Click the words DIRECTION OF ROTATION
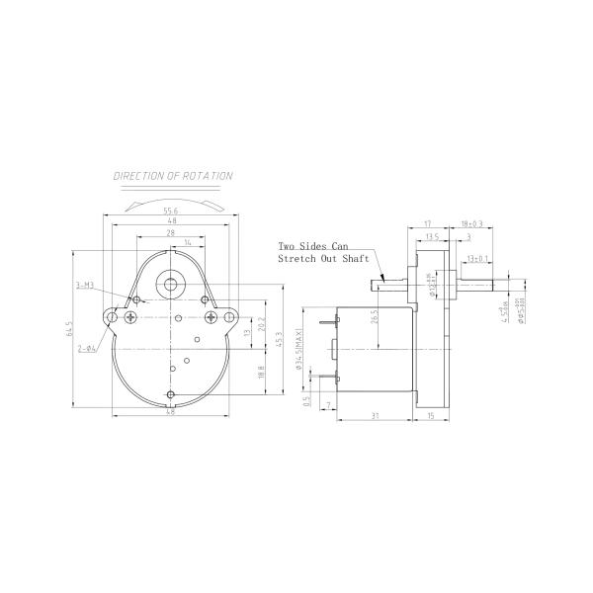click(x=173, y=177)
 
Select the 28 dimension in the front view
click(x=173, y=232)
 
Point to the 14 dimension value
click(x=188, y=243)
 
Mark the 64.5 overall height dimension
click(x=70, y=326)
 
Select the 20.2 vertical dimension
click(x=260, y=323)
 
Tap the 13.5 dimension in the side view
click(x=431, y=237)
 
